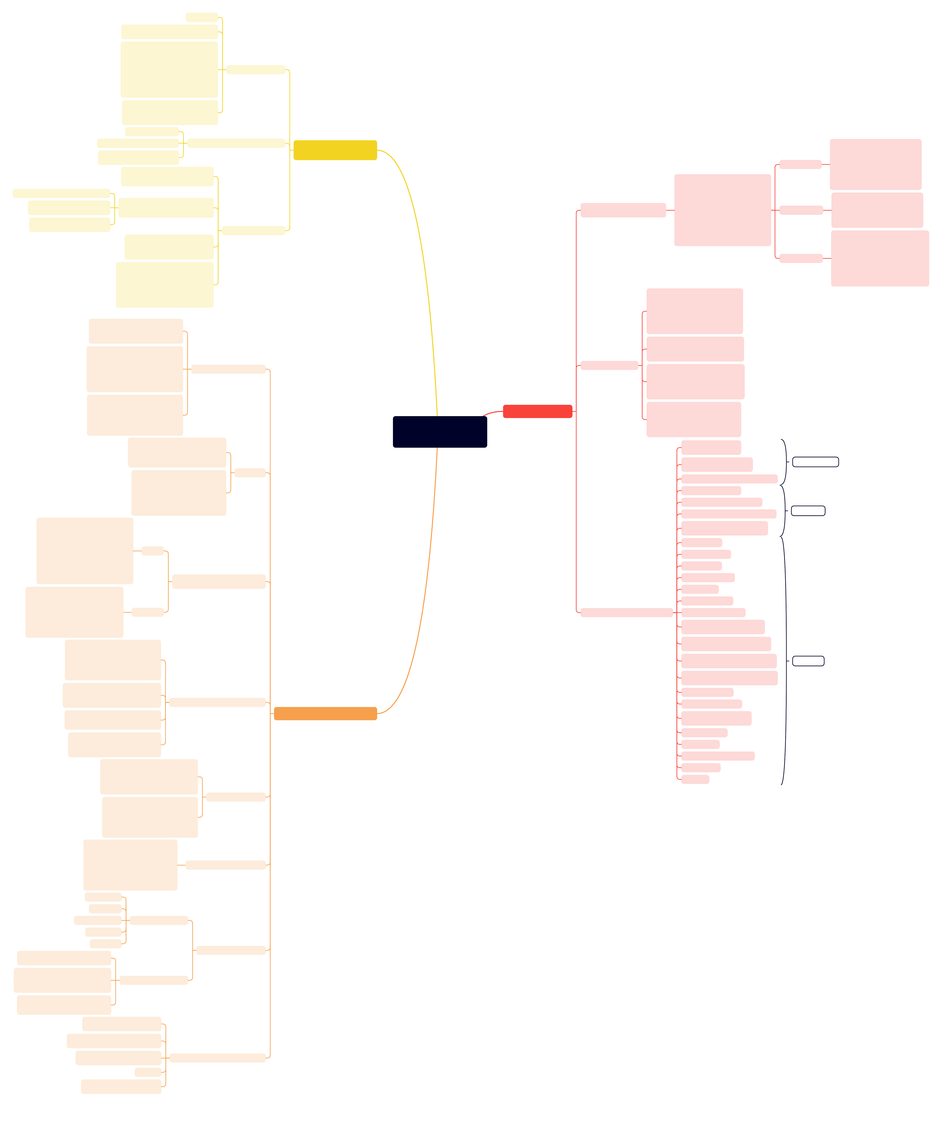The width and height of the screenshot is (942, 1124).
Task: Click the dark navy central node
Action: click(440, 431)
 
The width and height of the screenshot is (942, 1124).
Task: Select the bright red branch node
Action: click(537, 411)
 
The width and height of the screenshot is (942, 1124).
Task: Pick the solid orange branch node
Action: click(325, 713)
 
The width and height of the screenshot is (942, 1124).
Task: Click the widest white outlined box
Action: click(815, 461)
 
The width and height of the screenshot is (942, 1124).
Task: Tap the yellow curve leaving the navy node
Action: click(423, 257)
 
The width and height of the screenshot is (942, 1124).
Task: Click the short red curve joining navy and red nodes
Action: click(492, 413)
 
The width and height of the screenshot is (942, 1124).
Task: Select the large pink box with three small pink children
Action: click(722, 210)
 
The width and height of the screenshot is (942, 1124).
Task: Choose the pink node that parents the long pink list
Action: click(626, 612)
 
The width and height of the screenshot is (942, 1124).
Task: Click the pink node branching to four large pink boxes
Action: click(609, 365)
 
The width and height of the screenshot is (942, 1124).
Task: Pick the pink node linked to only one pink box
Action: click(623, 210)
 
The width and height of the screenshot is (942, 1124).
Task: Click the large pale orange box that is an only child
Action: click(130, 864)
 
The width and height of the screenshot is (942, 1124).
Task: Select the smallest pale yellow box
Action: click(201, 17)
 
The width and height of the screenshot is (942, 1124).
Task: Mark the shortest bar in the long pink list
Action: click(695, 779)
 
